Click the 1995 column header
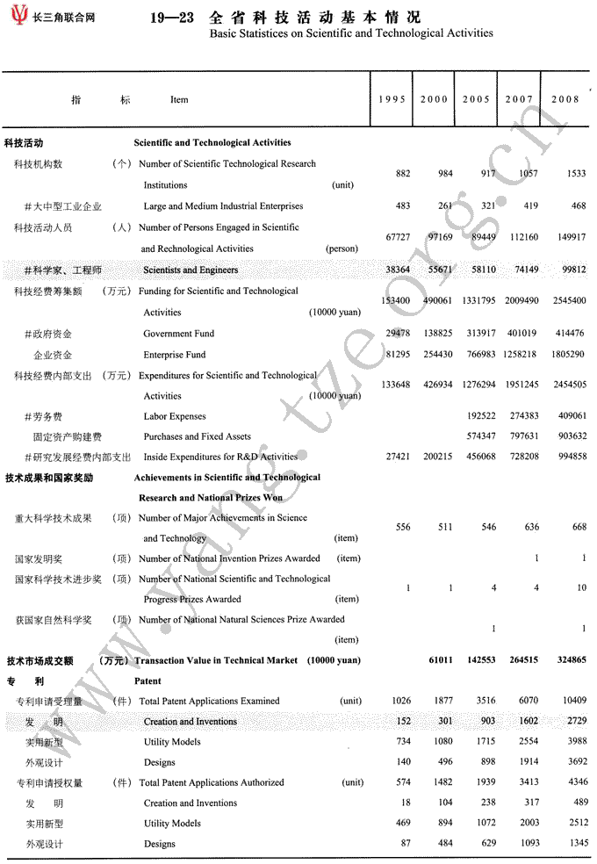point(392,99)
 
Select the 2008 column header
point(565,99)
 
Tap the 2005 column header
point(476,99)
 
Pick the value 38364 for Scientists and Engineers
point(398,270)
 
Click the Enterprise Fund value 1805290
point(566,355)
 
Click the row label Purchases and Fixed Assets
point(197,436)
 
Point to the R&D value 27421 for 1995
point(398,457)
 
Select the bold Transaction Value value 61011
point(440,660)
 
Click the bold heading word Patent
point(147,680)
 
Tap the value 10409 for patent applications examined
point(572,701)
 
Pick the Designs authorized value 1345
point(575,844)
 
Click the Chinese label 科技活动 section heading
point(25,142)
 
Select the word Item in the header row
point(179,100)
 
